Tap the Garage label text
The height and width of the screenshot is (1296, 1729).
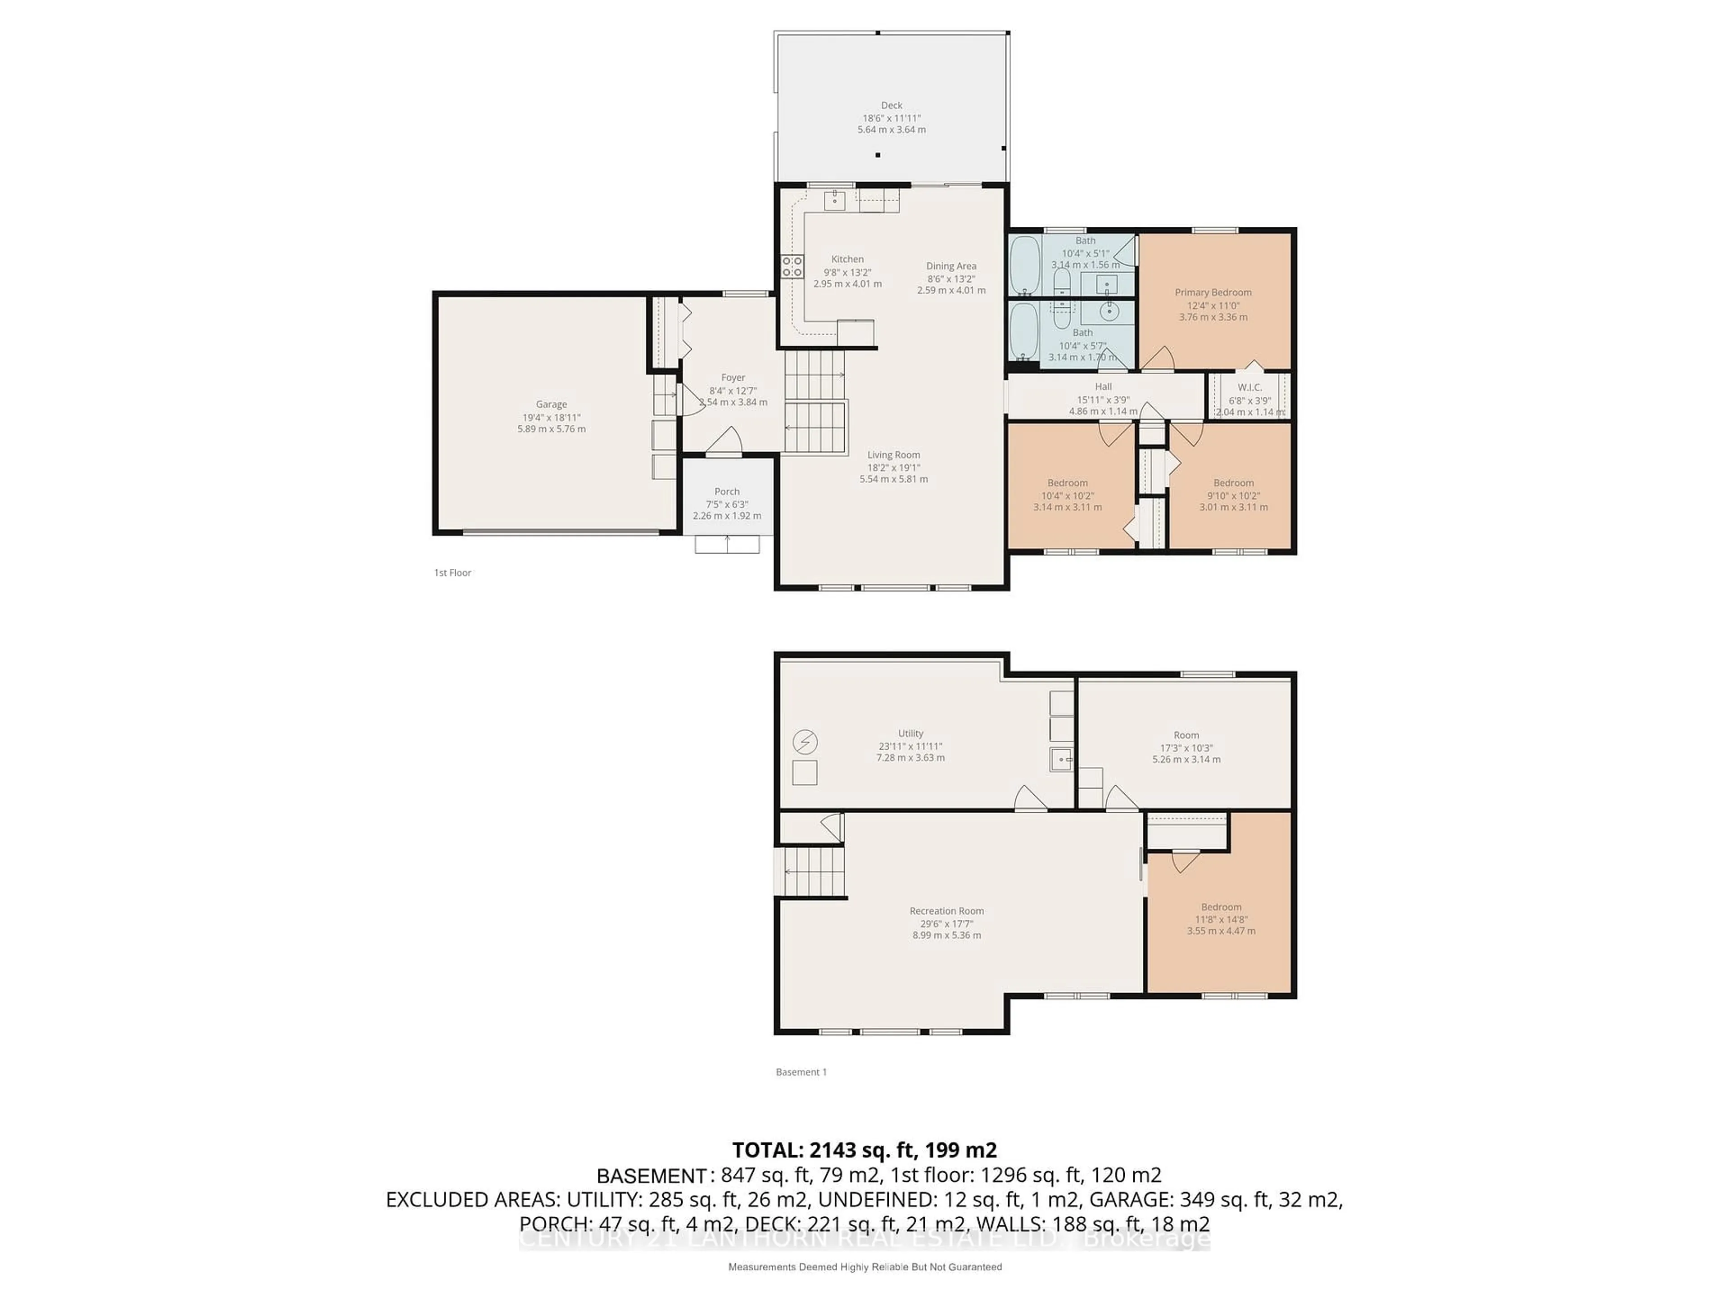tap(551, 404)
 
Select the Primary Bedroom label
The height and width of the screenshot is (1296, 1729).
tap(1213, 292)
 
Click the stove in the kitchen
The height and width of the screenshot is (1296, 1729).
tap(792, 266)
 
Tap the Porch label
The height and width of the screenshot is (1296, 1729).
tap(726, 491)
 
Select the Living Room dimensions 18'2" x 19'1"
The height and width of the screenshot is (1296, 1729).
tap(893, 467)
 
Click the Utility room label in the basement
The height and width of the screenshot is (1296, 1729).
tap(910, 733)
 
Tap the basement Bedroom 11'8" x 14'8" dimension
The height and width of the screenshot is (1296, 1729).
tap(1221, 919)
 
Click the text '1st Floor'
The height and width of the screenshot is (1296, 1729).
tap(453, 572)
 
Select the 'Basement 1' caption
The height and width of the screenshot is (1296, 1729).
tap(801, 1072)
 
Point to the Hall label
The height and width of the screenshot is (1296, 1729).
tap(1103, 387)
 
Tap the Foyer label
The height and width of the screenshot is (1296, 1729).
tap(733, 377)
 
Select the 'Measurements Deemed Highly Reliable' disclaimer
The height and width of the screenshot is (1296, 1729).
tap(864, 1267)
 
